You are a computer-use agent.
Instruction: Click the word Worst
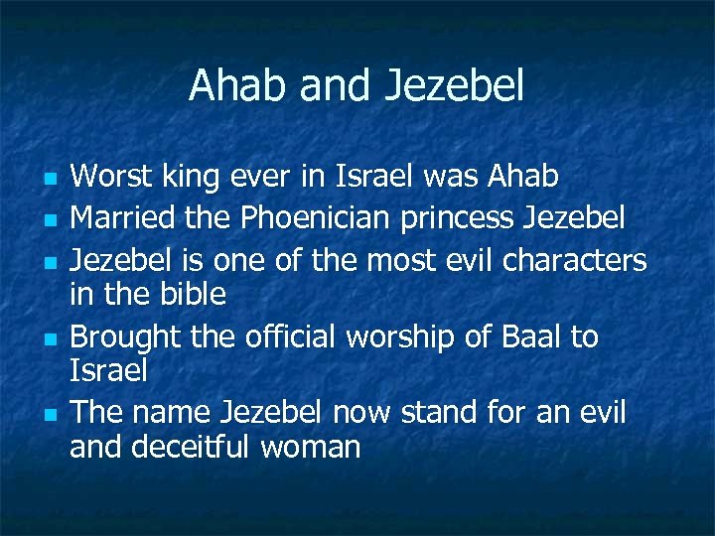pos(111,177)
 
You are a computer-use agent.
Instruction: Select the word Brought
pos(126,337)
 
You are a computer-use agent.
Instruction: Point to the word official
pos(289,336)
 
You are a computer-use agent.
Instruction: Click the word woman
pos(310,448)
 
